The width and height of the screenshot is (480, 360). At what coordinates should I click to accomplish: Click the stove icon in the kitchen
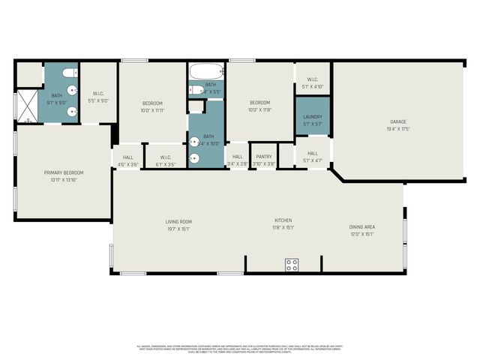(291, 265)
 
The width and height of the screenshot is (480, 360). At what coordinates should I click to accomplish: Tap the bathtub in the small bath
(206, 72)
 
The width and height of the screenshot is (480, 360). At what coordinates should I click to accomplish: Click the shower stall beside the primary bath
(27, 106)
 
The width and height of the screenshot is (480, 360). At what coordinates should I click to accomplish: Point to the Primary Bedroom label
(64, 172)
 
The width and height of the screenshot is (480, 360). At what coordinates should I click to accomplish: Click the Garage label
(397, 121)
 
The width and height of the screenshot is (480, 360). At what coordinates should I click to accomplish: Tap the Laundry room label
(313, 117)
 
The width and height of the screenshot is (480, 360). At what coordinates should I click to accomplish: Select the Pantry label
(263, 156)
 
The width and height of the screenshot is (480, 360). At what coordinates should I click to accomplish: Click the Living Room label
(179, 221)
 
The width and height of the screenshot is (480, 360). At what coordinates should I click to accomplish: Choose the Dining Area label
(361, 226)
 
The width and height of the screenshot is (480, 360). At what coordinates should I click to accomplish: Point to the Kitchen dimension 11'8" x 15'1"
(283, 227)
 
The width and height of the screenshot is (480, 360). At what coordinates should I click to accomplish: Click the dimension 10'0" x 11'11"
(152, 110)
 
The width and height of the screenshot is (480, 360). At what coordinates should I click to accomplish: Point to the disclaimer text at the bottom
(240, 349)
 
